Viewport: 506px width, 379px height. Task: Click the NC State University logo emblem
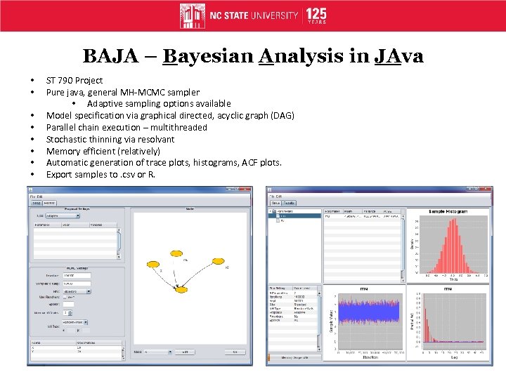point(193,15)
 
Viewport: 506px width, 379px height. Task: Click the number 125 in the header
point(316,13)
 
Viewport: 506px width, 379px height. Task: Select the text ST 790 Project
point(74,80)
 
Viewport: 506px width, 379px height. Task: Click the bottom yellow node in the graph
point(181,289)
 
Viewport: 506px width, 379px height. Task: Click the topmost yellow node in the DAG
point(171,251)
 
